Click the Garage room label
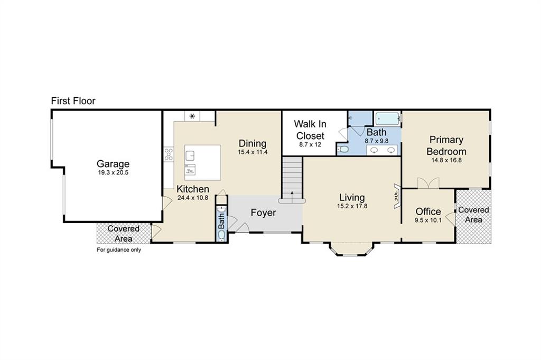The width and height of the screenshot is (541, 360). [113, 164]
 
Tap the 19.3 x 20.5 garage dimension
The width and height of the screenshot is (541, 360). [113, 172]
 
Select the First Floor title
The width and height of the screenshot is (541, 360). [73, 101]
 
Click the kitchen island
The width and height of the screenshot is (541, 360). [202, 163]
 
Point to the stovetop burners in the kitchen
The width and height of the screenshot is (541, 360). [169, 154]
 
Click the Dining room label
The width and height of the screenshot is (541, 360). [253, 143]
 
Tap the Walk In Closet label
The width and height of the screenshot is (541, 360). [310, 130]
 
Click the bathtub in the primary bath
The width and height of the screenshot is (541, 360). [387, 119]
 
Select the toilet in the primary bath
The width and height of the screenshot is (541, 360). [343, 149]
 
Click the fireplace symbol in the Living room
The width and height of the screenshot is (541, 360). [397, 196]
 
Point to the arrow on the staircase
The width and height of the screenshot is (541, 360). [292, 195]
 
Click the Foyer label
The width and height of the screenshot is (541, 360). [263, 213]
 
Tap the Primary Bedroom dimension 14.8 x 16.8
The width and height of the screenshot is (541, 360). [446, 160]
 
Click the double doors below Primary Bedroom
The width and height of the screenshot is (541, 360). [428, 183]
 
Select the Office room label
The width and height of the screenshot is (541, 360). [428, 211]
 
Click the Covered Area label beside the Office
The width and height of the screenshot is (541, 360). [473, 215]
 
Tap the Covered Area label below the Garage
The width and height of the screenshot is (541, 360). [123, 234]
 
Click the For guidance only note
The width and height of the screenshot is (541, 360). [119, 250]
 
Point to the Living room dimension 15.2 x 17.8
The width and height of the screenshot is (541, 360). [352, 206]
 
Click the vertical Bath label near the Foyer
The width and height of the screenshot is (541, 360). [221, 221]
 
